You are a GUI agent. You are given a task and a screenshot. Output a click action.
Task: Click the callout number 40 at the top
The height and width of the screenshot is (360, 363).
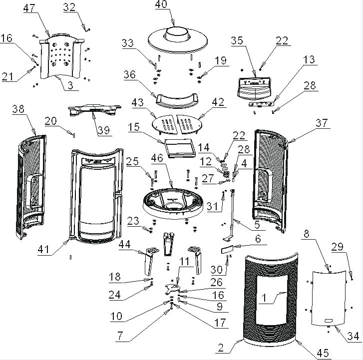pyautogui.click(x=161, y=4)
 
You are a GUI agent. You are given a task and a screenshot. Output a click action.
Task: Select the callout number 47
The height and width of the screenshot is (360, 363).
pyautogui.click(x=29, y=8)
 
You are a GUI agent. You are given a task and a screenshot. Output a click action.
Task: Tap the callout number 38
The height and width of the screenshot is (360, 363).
pyautogui.click(x=18, y=109)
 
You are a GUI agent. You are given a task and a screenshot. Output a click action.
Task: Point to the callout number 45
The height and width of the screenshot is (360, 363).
pyautogui.click(x=323, y=353)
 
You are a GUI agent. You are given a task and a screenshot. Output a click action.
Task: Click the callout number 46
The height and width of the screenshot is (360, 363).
pyautogui.click(x=157, y=158)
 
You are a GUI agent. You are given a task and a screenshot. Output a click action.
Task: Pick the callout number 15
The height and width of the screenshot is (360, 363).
pyautogui.click(x=134, y=127)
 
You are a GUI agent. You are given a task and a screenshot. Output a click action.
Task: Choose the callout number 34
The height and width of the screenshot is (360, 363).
pyautogui.click(x=353, y=336)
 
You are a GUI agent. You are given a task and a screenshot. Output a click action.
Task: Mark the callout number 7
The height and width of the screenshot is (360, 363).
pyautogui.click(x=120, y=336)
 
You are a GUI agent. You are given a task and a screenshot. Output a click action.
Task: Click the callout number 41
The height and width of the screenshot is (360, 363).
pyautogui.click(x=43, y=250)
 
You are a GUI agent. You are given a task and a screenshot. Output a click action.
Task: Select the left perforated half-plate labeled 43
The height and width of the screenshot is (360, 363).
pyautogui.click(x=165, y=124)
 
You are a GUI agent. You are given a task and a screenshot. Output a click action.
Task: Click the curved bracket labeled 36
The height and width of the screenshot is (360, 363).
pyautogui.click(x=177, y=101)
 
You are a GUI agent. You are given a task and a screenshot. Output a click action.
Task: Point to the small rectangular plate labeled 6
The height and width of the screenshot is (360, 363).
pyautogui.click(x=227, y=250)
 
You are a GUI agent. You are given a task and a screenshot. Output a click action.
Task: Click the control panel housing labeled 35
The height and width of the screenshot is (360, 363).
pyautogui.click(x=254, y=89)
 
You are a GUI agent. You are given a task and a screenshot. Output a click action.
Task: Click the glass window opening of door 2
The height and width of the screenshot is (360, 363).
pyautogui.click(x=272, y=300)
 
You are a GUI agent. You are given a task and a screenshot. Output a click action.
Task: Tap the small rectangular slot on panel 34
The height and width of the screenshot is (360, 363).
pyautogui.click(x=329, y=321)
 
